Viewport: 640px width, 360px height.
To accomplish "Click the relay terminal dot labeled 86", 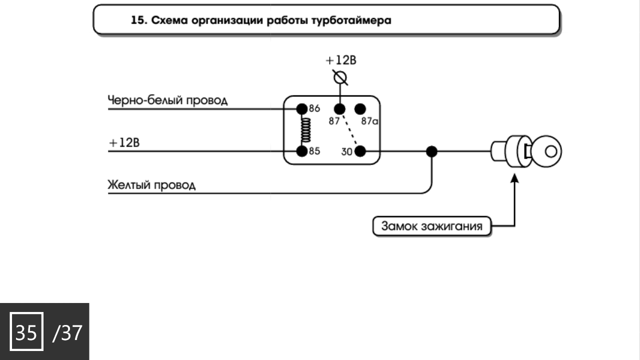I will (x=301, y=108).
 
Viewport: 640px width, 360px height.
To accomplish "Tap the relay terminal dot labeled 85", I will (x=301, y=150).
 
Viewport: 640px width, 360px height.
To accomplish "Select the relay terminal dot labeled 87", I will (x=340, y=108).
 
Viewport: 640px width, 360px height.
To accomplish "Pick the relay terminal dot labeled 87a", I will (x=360, y=108).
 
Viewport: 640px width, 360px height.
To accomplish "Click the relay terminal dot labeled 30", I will (x=360, y=150).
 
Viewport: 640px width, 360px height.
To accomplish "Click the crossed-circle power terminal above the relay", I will (x=340, y=78).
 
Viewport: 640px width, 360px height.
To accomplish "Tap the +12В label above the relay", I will (x=341, y=60).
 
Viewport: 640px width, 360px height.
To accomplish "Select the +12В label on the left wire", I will (x=124, y=142).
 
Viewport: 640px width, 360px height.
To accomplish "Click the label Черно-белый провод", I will (x=167, y=100).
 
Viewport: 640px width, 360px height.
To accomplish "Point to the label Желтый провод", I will (x=151, y=185).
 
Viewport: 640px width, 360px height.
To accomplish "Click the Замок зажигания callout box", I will (x=432, y=226).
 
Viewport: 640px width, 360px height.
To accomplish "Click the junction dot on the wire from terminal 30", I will (x=431, y=151).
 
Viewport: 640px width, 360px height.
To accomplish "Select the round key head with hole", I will (x=547, y=151).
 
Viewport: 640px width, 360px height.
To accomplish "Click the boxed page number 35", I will (x=26, y=332).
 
